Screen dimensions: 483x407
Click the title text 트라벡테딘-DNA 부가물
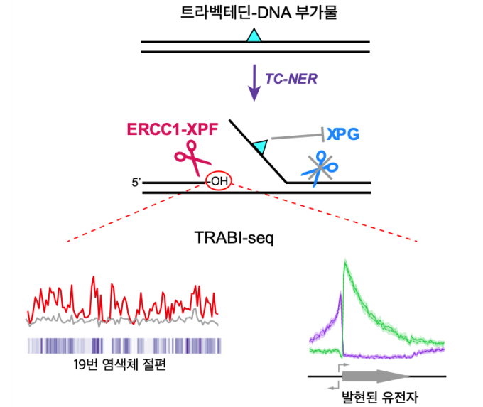coord(259,13)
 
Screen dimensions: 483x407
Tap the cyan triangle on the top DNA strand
coord(254,36)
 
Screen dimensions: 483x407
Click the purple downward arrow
coord(254,82)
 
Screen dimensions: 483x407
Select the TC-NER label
coord(291,79)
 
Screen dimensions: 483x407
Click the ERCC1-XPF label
coord(173,129)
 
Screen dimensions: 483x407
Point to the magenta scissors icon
coord(192,157)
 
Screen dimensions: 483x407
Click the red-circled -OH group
coord(219,181)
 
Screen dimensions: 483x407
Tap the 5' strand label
coord(136,183)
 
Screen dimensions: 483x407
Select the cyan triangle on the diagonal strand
coord(261,146)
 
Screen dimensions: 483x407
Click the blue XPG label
coord(343,134)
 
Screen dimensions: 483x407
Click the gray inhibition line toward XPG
coord(298,136)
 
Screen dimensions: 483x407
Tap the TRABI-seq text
coord(234,238)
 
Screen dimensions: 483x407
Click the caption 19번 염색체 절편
coord(120,364)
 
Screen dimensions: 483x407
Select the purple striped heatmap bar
coord(124,346)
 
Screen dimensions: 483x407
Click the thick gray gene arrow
coord(376,376)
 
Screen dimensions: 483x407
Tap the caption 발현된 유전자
coord(380,397)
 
